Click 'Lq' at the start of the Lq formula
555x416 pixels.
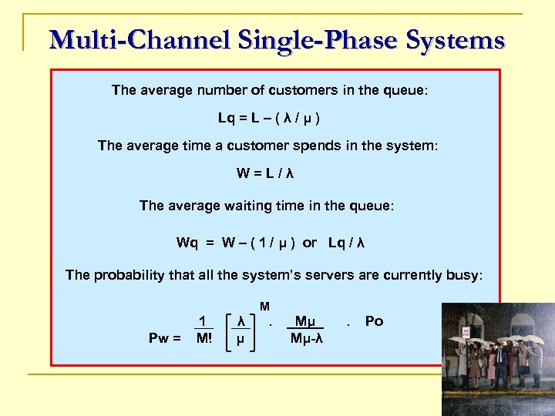point(227,119)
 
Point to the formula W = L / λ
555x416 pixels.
point(265,173)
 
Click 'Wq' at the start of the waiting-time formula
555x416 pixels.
point(187,243)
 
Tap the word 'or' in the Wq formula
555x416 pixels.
point(309,243)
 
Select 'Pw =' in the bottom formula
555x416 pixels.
point(165,337)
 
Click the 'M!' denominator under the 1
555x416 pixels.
point(203,337)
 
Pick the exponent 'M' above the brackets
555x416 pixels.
point(264,307)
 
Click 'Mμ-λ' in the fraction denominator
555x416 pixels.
point(306,337)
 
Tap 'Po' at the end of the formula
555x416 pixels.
point(374,321)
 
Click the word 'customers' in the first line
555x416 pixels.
point(263,90)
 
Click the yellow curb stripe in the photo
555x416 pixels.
point(493,400)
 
